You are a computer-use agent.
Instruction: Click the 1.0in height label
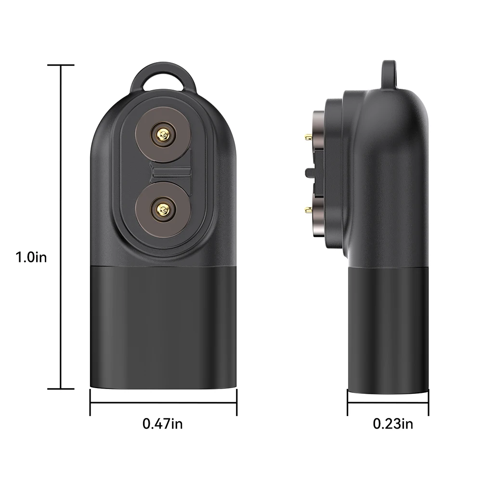click(x=31, y=257)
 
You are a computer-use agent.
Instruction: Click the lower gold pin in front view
click(x=162, y=208)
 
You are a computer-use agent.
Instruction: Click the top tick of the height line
click(x=61, y=65)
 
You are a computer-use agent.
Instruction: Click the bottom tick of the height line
click(x=61, y=388)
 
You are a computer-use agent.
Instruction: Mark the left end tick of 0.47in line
click(x=91, y=402)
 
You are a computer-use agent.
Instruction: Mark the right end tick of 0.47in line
click(x=236, y=402)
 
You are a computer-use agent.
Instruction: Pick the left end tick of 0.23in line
click(x=348, y=402)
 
